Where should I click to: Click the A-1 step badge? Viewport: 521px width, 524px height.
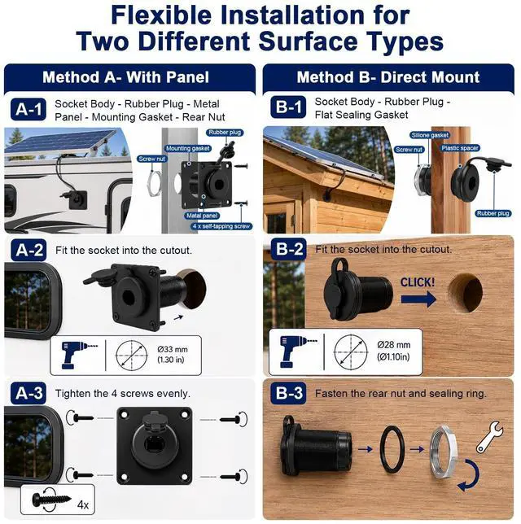pos(28,109)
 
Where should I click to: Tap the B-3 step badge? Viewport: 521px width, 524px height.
pos(288,393)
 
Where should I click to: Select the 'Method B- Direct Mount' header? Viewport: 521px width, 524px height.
pos(388,77)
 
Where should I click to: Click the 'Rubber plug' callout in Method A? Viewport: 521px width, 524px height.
pos(225,133)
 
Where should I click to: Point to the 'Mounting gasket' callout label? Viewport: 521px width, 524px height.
pos(187,148)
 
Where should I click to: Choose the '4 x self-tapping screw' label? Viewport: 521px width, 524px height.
pos(221,226)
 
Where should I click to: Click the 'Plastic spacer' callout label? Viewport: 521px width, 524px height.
pos(460,148)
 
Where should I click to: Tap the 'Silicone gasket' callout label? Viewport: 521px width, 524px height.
pos(430,135)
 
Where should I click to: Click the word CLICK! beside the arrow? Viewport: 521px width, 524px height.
pos(418,282)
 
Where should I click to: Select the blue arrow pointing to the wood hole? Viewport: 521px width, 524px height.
pos(418,299)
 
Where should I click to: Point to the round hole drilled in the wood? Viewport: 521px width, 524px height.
pos(465,293)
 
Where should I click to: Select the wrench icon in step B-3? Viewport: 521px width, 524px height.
pos(489,436)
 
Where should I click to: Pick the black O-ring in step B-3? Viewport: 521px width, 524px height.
pos(392,449)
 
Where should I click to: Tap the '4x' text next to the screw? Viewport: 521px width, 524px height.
pos(82,504)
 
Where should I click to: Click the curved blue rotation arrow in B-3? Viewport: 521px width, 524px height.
pos(470,476)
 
